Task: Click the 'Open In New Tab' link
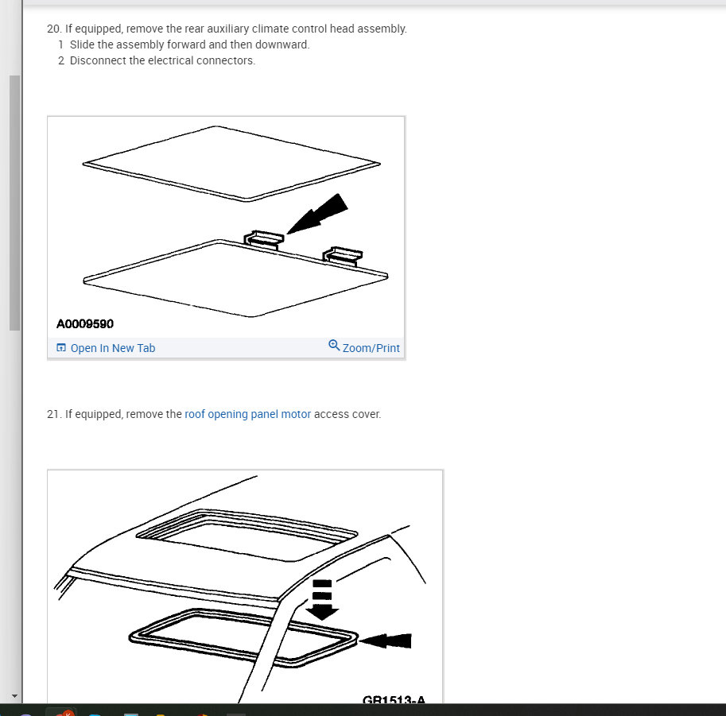112,348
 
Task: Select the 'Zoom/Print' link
371,348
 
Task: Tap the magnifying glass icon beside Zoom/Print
334,345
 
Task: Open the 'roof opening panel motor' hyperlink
248,414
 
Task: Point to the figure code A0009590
85,324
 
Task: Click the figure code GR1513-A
394,699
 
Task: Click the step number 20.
54,29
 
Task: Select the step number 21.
54,414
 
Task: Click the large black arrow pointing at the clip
317,214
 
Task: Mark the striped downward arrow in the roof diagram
322,599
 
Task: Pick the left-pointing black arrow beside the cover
385,641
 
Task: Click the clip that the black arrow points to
263,240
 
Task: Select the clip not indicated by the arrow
343,256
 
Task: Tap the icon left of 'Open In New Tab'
61,347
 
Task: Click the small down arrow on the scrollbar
14,696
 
